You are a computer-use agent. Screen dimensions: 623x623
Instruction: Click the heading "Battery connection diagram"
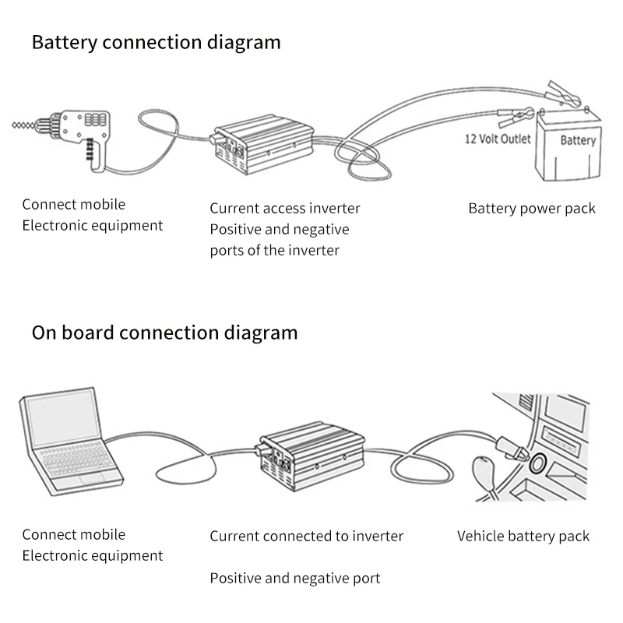click(x=156, y=42)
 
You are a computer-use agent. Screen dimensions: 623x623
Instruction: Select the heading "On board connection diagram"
click(x=164, y=333)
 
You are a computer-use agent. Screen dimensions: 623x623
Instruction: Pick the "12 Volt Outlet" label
click(x=498, y=139)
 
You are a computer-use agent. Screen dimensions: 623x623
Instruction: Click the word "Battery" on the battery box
click(x=578, y=141)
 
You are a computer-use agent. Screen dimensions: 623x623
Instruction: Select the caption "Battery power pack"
click(x=532, y=209)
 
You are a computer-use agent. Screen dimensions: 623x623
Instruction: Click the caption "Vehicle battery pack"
click(x=523, y=536)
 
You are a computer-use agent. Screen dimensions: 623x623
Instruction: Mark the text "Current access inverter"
click(x=285, y=209)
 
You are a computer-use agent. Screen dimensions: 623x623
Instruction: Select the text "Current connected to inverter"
click(x=307, y=536)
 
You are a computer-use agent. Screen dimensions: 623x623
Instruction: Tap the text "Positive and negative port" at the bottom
click(x=295, y=578)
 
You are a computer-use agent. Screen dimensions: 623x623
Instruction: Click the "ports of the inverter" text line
click(x=275, y=251)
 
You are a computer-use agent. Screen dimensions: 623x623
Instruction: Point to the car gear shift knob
click(x=484, y=474)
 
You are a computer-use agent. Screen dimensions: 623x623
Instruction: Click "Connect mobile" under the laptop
click(x=73, y=534)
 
